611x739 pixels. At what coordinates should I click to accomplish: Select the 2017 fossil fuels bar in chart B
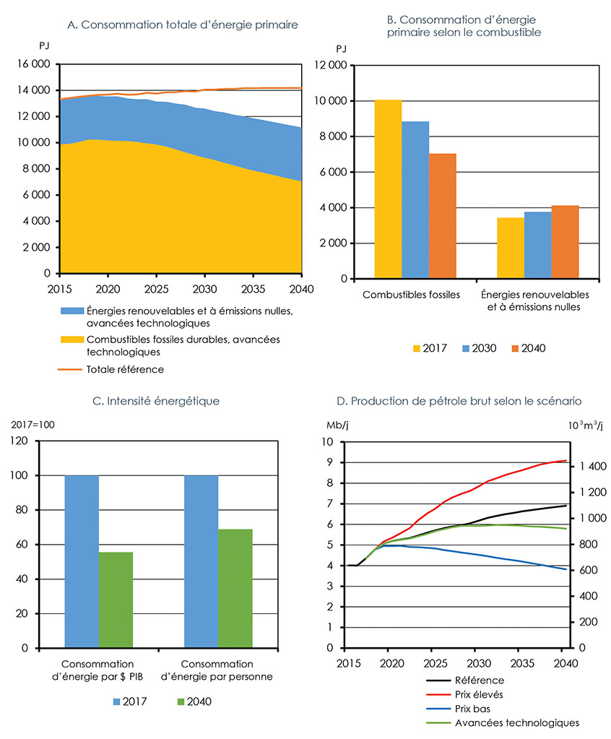(x=388, y=189)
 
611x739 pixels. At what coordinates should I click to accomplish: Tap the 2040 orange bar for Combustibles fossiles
(x=443, y=216)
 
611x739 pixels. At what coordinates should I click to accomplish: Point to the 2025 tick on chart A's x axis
(x=156, y=288)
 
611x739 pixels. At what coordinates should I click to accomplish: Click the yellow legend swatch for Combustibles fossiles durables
(x=71, y=340)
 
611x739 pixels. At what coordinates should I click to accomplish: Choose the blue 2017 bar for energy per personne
(x=201, y=561)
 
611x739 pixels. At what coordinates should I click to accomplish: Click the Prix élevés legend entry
(x=480, y=694)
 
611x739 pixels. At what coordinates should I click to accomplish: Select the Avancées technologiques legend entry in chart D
(x=517, y=722)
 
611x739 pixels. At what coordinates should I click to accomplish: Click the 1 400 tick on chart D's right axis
(x=591, y=467)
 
